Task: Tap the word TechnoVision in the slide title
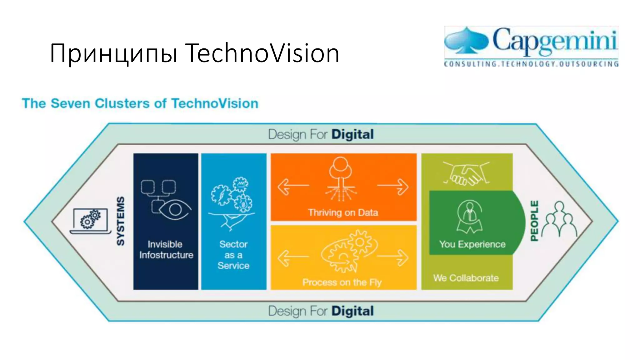pyautogui.click(x=262, y=53)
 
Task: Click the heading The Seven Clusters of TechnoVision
pyautogui.click(x=140, y=103)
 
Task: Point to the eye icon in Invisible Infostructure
pyautogui.click(x=175, y=209)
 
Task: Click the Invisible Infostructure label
pyautogui.click(x=166, y=250)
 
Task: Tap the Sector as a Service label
pyautogui.click(x=233, y=255)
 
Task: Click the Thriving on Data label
pyautogui.click(x=343, y=213)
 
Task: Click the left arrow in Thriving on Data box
pyautogui.click(x=292, y=187)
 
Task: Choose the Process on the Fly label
pyautogui.click(x=342, y=282)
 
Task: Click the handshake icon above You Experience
pyautogui.click(x=467, y=174)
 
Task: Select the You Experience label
pyautogui.click(x=472, y=244)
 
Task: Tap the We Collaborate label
pyautogui.click(x=466, y=278)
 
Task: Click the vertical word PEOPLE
pyautogui.click(x=535, y=221)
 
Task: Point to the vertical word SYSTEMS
pyautogui.click(x=121, y=221)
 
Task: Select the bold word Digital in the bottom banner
pyautogui.click(x=352, y=311)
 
